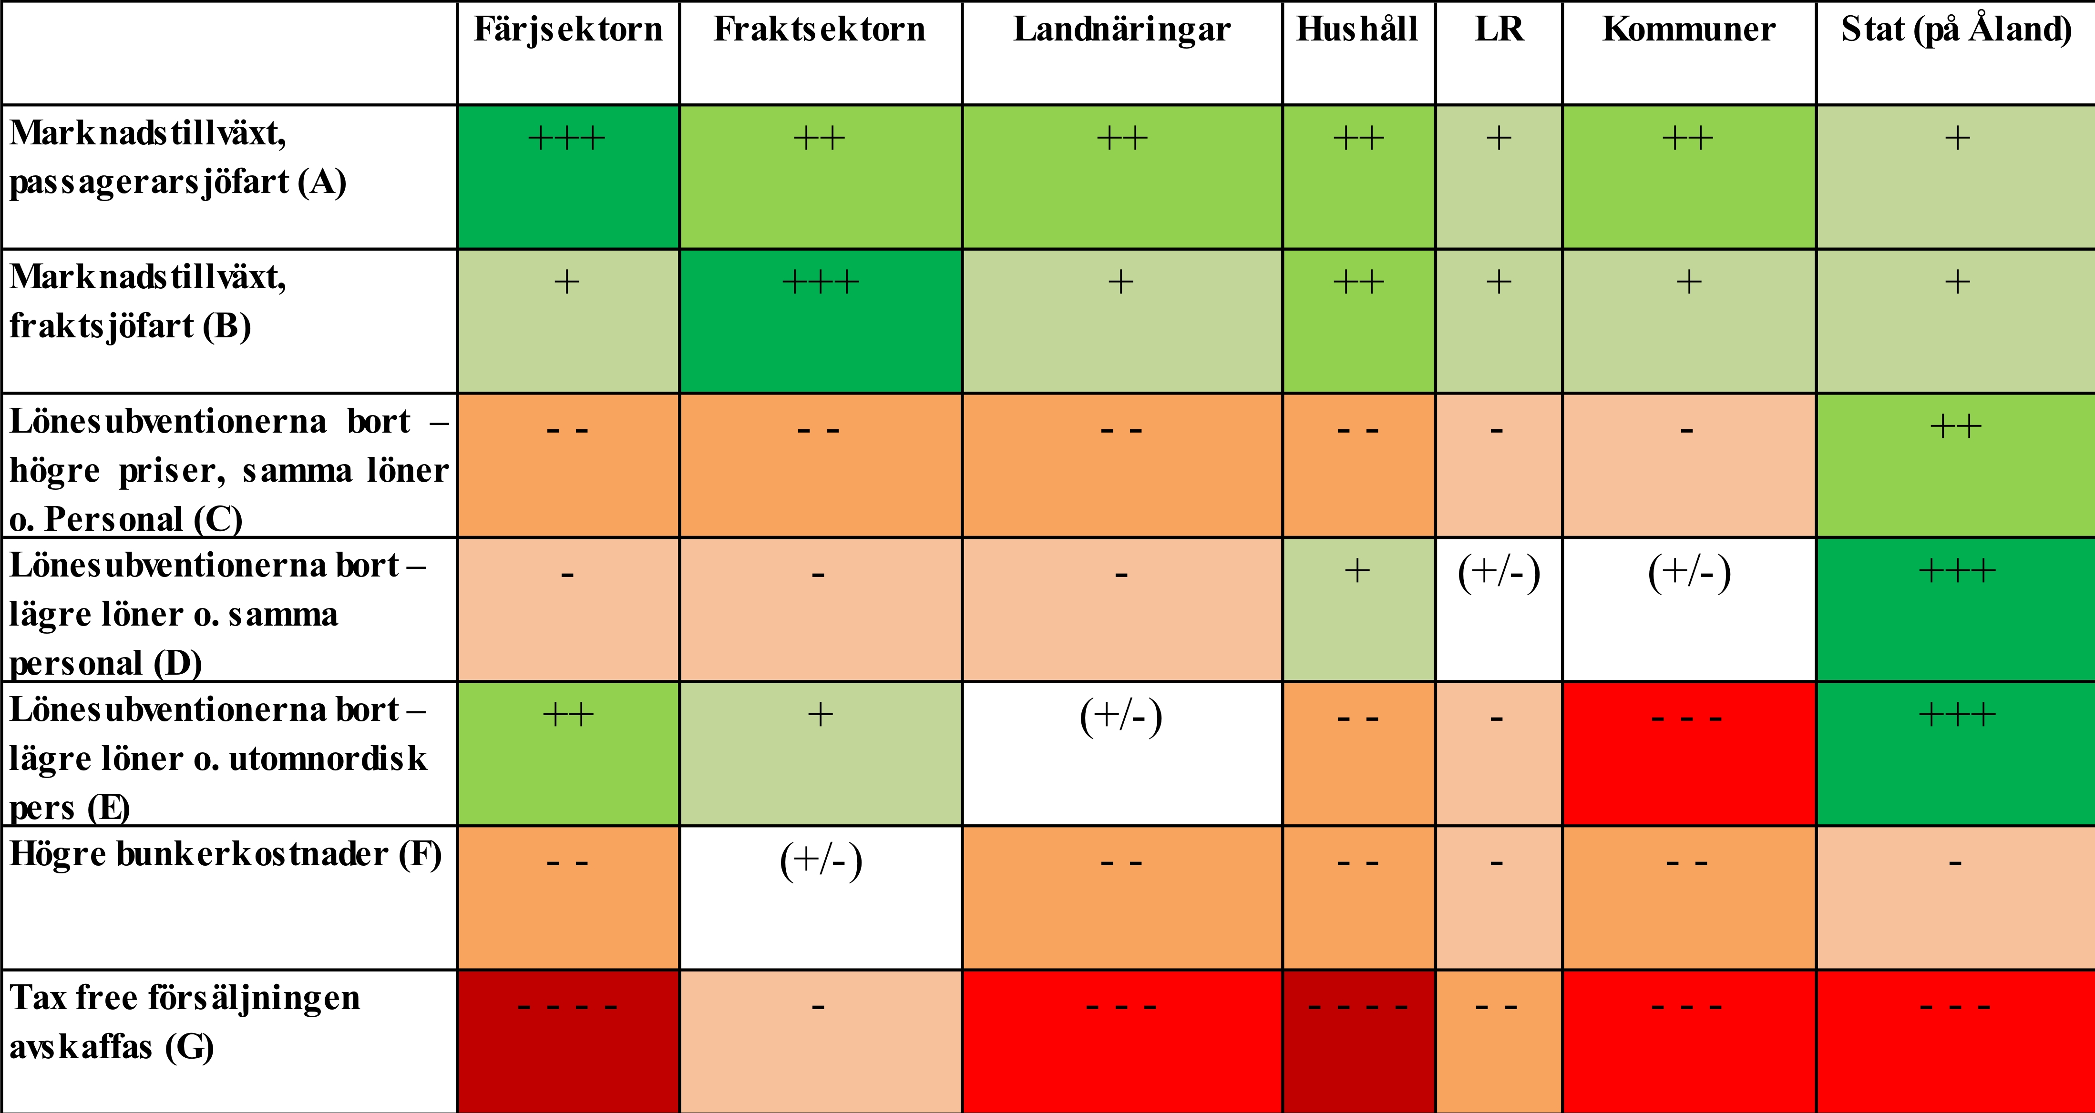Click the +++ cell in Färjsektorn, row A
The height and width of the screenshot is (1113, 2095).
tap(568, 176)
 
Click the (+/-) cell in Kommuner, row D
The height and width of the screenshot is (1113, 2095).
tap(1688, 609)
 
